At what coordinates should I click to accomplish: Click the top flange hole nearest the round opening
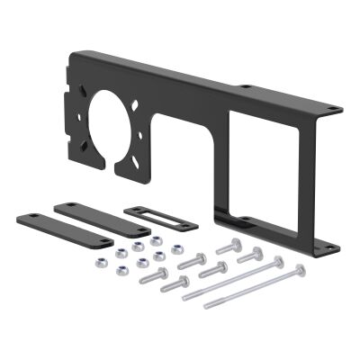pos(245,86)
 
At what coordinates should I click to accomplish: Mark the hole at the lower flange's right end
pos(331,240)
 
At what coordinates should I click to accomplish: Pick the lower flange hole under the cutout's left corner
pos(240,218)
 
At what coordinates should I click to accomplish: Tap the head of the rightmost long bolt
pos(301,268)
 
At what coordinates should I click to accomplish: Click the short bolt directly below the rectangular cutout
pos(235,247)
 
